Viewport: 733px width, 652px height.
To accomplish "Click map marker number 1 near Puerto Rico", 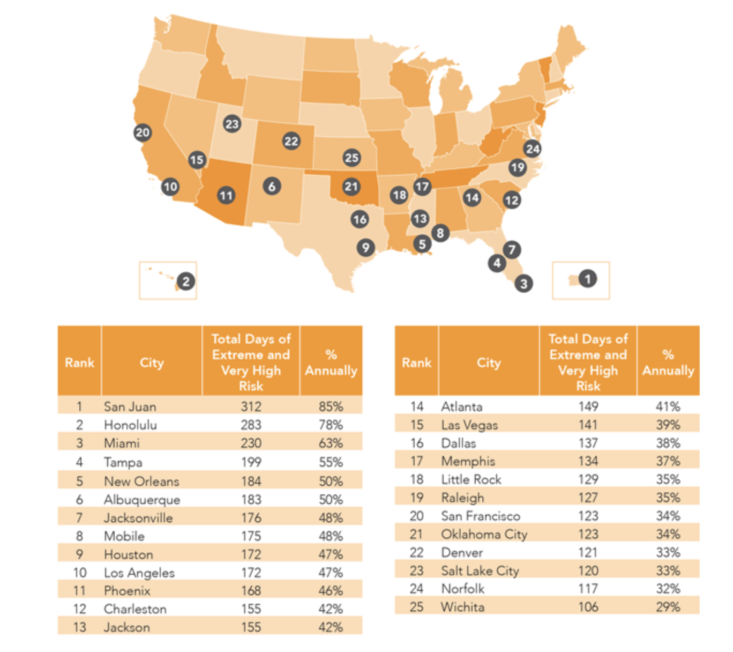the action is (587, 279).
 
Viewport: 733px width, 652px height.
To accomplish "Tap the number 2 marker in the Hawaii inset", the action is (186, 281).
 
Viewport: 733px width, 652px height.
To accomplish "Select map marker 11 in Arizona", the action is (226, 196).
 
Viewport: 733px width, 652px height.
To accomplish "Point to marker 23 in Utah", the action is (232, 124).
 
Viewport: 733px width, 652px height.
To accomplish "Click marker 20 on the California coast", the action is (143, 132).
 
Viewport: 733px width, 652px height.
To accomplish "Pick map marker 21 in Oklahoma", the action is (351, 187).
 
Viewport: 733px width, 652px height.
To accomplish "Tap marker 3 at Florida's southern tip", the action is (523, 284).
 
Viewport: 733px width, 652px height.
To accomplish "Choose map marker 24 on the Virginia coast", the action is (533, 149).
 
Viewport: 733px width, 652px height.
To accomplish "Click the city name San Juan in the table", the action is (130, 406).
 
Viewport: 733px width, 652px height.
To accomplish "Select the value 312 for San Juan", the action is (251, 406).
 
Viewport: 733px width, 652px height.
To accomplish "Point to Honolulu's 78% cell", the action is (331, 425).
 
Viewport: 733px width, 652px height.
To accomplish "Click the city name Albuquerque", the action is (142, 500).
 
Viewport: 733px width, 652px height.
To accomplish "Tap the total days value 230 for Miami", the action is (251, 443).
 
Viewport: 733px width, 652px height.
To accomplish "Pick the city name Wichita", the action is (463, 607).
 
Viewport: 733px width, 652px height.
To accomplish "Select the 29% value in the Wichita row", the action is (668, 607).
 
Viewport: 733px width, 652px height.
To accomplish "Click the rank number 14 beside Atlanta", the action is (417, 406).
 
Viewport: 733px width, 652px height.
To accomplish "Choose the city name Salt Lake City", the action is (480, 571).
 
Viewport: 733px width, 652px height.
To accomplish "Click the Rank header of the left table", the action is (80, 362).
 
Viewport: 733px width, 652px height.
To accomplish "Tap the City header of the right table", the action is (489, 363).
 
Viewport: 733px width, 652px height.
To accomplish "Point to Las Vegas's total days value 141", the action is (588, 425).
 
